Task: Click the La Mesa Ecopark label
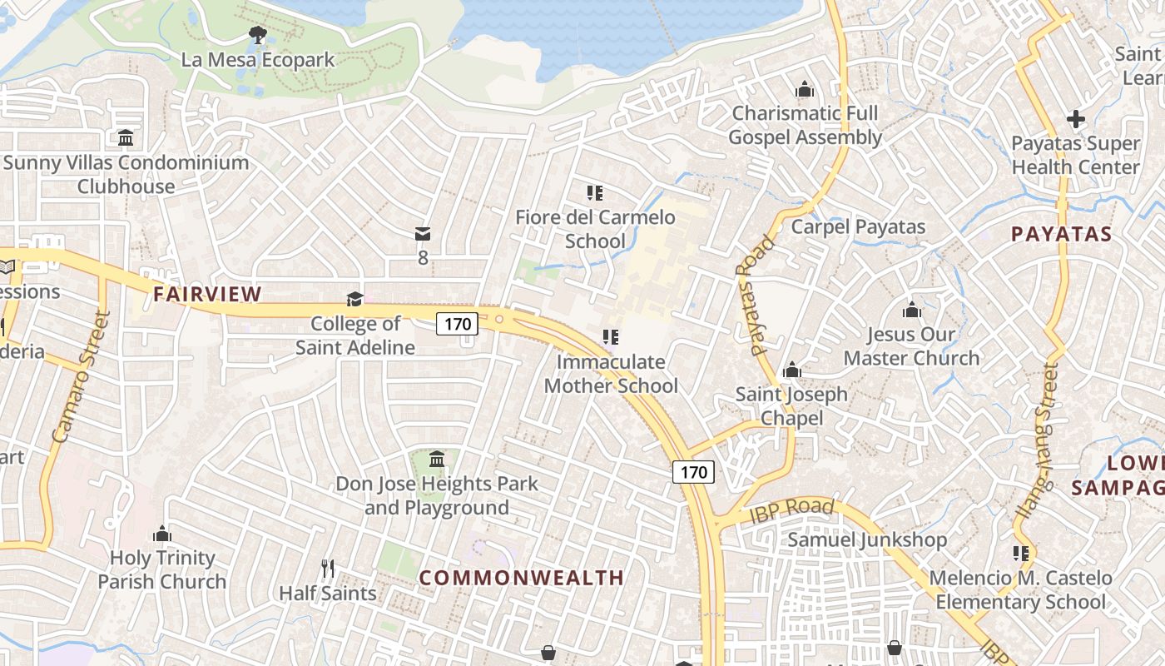pyautogui.click(x=258, y=60)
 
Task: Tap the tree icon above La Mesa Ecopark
pyautogui.click(x=258, y=35)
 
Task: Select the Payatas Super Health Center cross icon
pyautogui.click(x=1076, y=119)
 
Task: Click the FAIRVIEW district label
pyautogui.click(x=207, y=294)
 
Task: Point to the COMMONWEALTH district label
pyautogui.click(x=521, y=578)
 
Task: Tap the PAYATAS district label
pyautogui.click(x=1062, y=234)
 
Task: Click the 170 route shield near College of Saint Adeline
pyautogui.click(x=457, y=324)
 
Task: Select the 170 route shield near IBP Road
pyautogui.click(x=693, y=473)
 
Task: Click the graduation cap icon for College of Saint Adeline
pyautogui.click(x=355, y=299)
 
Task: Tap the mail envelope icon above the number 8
pyautogui.click(x=423, y=235)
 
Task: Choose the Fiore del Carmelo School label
pyautogui.click(x=595, y=229)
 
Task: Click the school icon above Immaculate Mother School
pyautogui.click(x=612, y=337)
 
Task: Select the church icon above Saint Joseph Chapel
pyautogui.click(x=791, y=370)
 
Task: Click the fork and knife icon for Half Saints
pyautogui.click(x=328, y=569)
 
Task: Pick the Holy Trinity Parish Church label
pyautogui.click(x=162, y=569)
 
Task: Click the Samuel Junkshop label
pyautogui.click(x=867, y=539)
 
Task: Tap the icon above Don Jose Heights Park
pyautogui.click(x=437, y=459)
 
